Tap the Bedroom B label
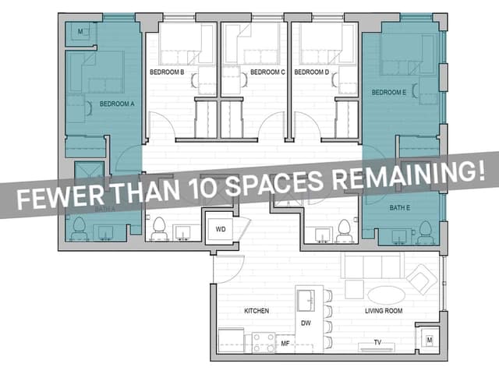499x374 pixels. point(167,72)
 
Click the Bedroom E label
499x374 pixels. point(389,93)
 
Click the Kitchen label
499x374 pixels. point(257,311)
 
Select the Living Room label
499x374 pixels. point(384,311)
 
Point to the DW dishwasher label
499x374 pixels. point(306,323)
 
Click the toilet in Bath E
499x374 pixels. point(425,231)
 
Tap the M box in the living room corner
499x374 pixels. point(428,340)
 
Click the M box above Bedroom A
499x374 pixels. point(82,32)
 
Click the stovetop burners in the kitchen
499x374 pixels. point(263,341)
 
